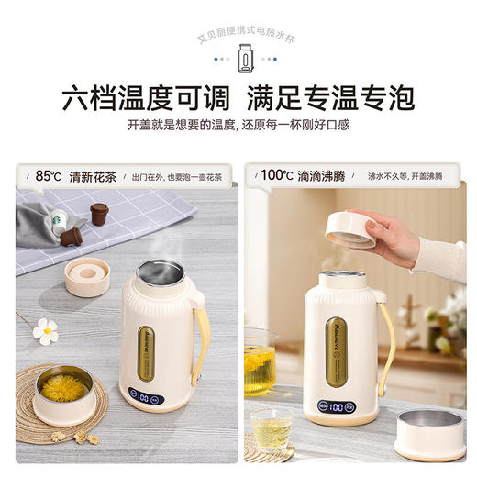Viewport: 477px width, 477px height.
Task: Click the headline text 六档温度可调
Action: tap(132, 98)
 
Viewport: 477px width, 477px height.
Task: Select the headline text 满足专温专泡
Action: tap(340, 98)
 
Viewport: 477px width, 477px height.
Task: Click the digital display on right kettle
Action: tap(337, 405)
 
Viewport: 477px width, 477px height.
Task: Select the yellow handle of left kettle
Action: tap(201, 339)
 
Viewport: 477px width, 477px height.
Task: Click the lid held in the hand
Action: tap(352, 229)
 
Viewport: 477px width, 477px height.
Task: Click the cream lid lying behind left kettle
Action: tap(87, 275)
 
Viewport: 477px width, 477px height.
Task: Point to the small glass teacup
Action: tap(272, 427)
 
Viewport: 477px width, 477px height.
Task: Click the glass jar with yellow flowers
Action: tap(259, 362)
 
